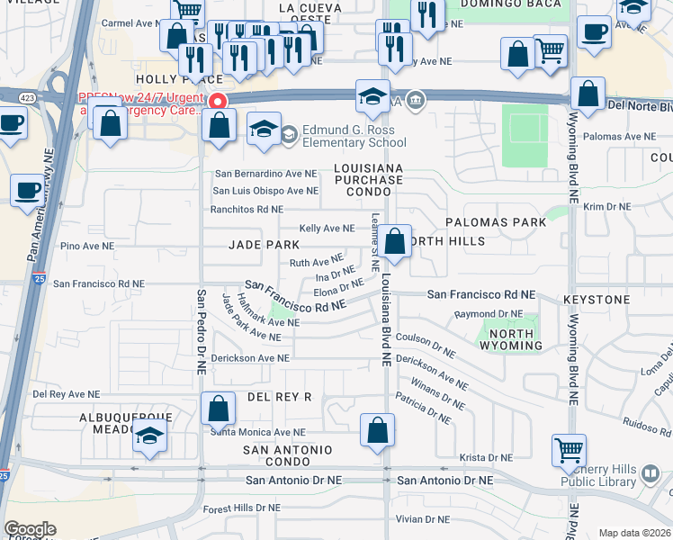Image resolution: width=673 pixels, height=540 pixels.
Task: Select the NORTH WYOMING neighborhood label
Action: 506,339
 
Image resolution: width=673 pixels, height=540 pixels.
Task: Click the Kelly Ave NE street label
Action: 327,229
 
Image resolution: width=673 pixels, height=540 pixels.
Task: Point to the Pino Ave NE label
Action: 86,246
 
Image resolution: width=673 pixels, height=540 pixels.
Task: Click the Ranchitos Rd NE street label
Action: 247,210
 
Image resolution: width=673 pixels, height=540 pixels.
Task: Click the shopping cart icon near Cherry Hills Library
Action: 569,450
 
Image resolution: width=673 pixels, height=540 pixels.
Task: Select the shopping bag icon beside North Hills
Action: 394,241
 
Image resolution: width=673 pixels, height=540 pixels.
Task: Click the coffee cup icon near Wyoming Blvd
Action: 594,32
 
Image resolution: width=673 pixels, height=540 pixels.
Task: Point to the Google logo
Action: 30,529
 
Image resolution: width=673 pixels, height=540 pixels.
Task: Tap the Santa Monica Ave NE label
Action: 252,432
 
